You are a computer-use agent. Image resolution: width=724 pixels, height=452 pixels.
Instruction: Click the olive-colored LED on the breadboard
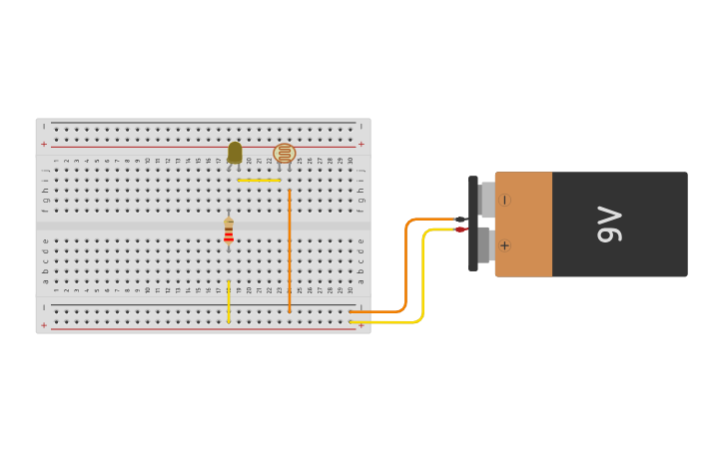pyautogui.click(x=235, y=152)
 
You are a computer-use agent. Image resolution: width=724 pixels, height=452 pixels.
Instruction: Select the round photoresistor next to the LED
pyautogui.click(x=285, y=154)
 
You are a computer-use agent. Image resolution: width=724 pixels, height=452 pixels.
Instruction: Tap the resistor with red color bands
pyautogui.click(x=229, y=232)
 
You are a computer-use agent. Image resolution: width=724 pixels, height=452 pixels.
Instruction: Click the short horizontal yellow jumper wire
pyautogui.click(x=259, y=180)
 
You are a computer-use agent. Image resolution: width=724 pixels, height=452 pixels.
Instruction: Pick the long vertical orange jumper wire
pyautogui.click(x=290, y=249)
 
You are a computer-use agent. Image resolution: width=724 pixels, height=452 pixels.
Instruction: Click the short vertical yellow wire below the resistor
pyautogui.click(x=229, y=300)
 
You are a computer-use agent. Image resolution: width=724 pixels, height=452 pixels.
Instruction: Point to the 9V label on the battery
pyautogui.click(x=609, y=225)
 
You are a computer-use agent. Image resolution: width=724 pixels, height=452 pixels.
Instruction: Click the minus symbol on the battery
pyautogui.click(x=504, y=200)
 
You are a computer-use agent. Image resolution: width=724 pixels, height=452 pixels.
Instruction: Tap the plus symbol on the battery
pyautogui.click(x=504, y=245)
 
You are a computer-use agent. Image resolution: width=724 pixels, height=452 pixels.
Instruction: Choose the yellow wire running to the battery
pyautogui.click(x=422, y=279)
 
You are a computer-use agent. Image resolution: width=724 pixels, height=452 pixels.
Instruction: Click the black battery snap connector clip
pyautogui.click(x=473, y=224)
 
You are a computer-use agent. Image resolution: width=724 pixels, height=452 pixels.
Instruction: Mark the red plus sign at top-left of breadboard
pyautogui.click(x=44, y=145)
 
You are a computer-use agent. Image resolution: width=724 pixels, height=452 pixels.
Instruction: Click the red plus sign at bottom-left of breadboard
pyautogui.click(x=44, y=325)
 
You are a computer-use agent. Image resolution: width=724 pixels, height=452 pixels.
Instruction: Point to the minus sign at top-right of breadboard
pyautogui.click(x=362, y=127)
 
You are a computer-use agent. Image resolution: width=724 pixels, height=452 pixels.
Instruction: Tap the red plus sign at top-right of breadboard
pyautogui.click(x=362, y=145)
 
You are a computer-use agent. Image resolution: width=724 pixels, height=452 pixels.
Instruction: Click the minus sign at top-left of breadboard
pyautogui.click(x=44, y=127)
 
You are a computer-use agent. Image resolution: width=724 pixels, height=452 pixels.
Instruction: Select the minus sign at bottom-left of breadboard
pyautogui.click(x=44, y=307)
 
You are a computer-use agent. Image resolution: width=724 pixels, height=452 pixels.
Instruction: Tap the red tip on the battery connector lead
pyautogui.click(x=460, y=229)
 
